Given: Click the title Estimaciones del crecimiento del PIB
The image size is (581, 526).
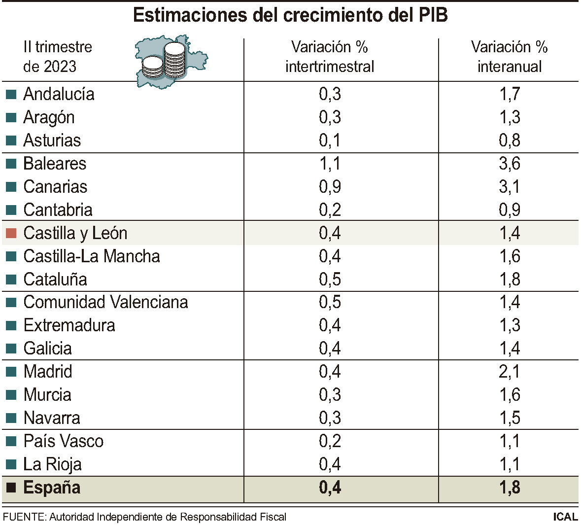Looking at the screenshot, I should [x=290, y=15].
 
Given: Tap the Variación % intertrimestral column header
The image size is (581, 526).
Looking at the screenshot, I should [x=330, y=57].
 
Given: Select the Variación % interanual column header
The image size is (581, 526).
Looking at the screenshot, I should [x=509, y=57].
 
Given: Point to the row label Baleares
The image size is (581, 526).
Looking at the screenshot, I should [x=55, y=164].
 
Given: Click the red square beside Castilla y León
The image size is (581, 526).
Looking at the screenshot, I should [x=11, y=233].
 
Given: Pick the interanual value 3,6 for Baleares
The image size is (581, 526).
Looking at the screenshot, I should [x=509, y=164].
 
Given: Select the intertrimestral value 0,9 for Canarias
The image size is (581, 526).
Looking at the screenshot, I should [x=330, y=187].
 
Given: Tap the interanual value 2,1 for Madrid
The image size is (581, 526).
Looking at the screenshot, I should [x=509, y=372].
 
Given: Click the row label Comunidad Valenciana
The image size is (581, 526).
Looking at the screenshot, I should [x=105, y=302].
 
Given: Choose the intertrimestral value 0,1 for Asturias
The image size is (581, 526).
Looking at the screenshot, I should [x=330, y=140].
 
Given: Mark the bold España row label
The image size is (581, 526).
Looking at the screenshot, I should [x=52, y=488].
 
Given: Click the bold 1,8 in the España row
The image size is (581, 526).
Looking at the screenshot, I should [x=509, y=488].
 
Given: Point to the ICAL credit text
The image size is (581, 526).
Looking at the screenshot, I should [x=565, y=517].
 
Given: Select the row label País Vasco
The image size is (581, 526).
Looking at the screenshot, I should [x=64, y=441].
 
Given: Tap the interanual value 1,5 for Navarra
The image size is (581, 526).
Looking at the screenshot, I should [x=509, y=418].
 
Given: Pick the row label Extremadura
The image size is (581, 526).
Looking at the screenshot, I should [x=69, y=325].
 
